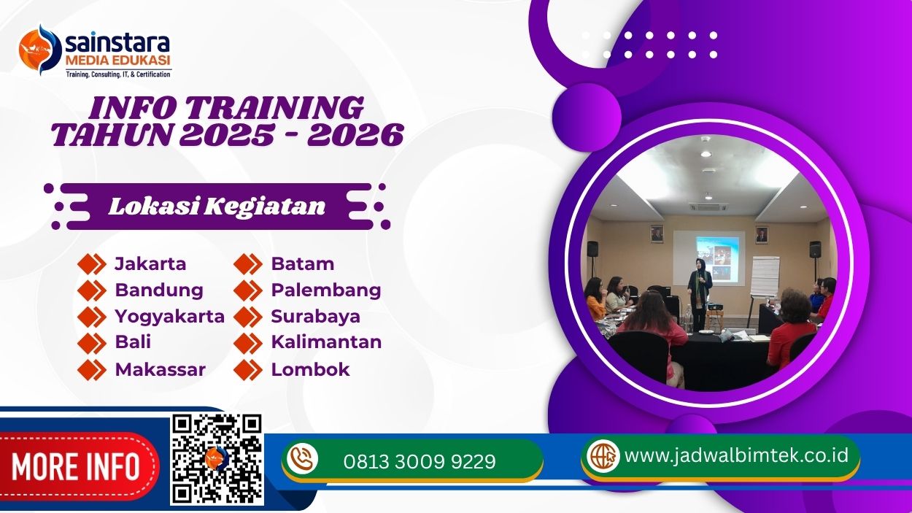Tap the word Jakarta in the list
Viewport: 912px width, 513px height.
(x=150, y=263)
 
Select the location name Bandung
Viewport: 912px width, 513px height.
(x=159, y=290)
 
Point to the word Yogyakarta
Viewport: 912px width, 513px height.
(x=169, y=316)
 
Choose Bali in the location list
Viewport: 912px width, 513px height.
(x=133, y=342)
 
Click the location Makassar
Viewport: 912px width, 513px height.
(x=160, y=369)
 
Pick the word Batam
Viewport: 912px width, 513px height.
(x=302, y=263)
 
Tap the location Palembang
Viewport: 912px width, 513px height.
(x=325, y=290)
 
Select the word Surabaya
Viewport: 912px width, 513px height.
(x=315, y=316)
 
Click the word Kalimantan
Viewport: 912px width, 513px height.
(x=326, y=342)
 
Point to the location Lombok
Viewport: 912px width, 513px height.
(x=310, y=369)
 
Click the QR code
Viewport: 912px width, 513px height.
(x=217, y=459)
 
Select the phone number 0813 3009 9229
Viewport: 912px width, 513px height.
(x=420, y=461)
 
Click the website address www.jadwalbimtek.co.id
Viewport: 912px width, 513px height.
(x=737, y=455)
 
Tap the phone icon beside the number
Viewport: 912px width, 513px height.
(x=302, y=459)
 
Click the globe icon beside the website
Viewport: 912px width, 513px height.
(x=603, y=455)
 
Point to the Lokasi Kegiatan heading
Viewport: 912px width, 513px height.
(x=217, y=207)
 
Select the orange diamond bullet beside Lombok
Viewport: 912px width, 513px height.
(x=248, y=369)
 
